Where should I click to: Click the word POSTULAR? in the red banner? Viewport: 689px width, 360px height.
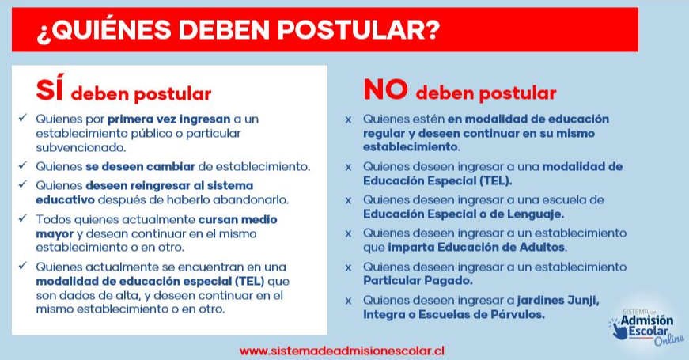pos(358,30)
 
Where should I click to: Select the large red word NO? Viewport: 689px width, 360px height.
pos(386,89)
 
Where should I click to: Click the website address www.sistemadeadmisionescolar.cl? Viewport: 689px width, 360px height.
pos(342,351)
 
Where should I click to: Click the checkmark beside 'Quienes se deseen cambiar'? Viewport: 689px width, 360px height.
pos(23,165)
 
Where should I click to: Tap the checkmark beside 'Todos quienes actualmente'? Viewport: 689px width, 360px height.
pos(23,218)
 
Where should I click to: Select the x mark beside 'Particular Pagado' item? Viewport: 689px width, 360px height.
pos(348,267)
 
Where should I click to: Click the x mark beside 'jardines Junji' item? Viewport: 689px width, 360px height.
pos(348,301)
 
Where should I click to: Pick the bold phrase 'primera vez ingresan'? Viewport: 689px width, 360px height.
pos(168,119)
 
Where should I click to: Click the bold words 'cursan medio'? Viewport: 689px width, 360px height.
pos(238,219)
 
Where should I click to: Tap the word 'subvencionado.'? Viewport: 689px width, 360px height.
pos(81,148)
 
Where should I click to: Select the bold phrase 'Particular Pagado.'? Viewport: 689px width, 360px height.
pos(418,280)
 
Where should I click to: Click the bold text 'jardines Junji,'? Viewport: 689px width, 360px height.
pos(558,300)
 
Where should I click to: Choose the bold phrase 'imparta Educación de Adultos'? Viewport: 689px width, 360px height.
pos(476,247)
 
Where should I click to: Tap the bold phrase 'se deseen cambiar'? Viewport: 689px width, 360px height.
pos(140,167)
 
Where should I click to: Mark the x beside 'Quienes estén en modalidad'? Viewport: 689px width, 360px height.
pos(348,119)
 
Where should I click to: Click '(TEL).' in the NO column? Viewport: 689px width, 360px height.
pos(496,180)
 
